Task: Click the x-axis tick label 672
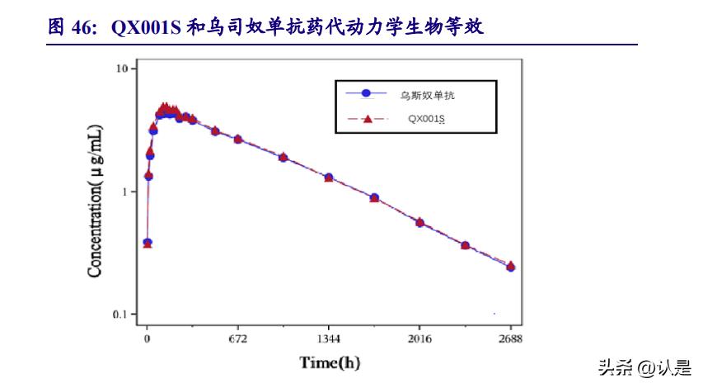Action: click(x=238, y=338)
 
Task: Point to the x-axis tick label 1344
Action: click(x=329, y=338)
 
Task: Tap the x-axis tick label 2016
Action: click(x=419, y=338)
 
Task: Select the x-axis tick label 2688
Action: click(x=511, y=338)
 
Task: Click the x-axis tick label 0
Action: click(x=148, y=338)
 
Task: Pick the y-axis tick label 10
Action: click(x=121, y=69)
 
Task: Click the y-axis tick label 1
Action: click(x=124, y=192)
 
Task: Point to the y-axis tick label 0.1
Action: click(x=121, y=315)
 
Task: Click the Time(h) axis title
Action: click(x=330, y=362)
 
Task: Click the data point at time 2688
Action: click(x=511, y=267)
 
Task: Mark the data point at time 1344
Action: click(x=329, y=177)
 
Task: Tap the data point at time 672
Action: click(x=238, y=139)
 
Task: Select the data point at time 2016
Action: click(x=419, y=222)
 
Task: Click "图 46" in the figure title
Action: click(x=68, y=27)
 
